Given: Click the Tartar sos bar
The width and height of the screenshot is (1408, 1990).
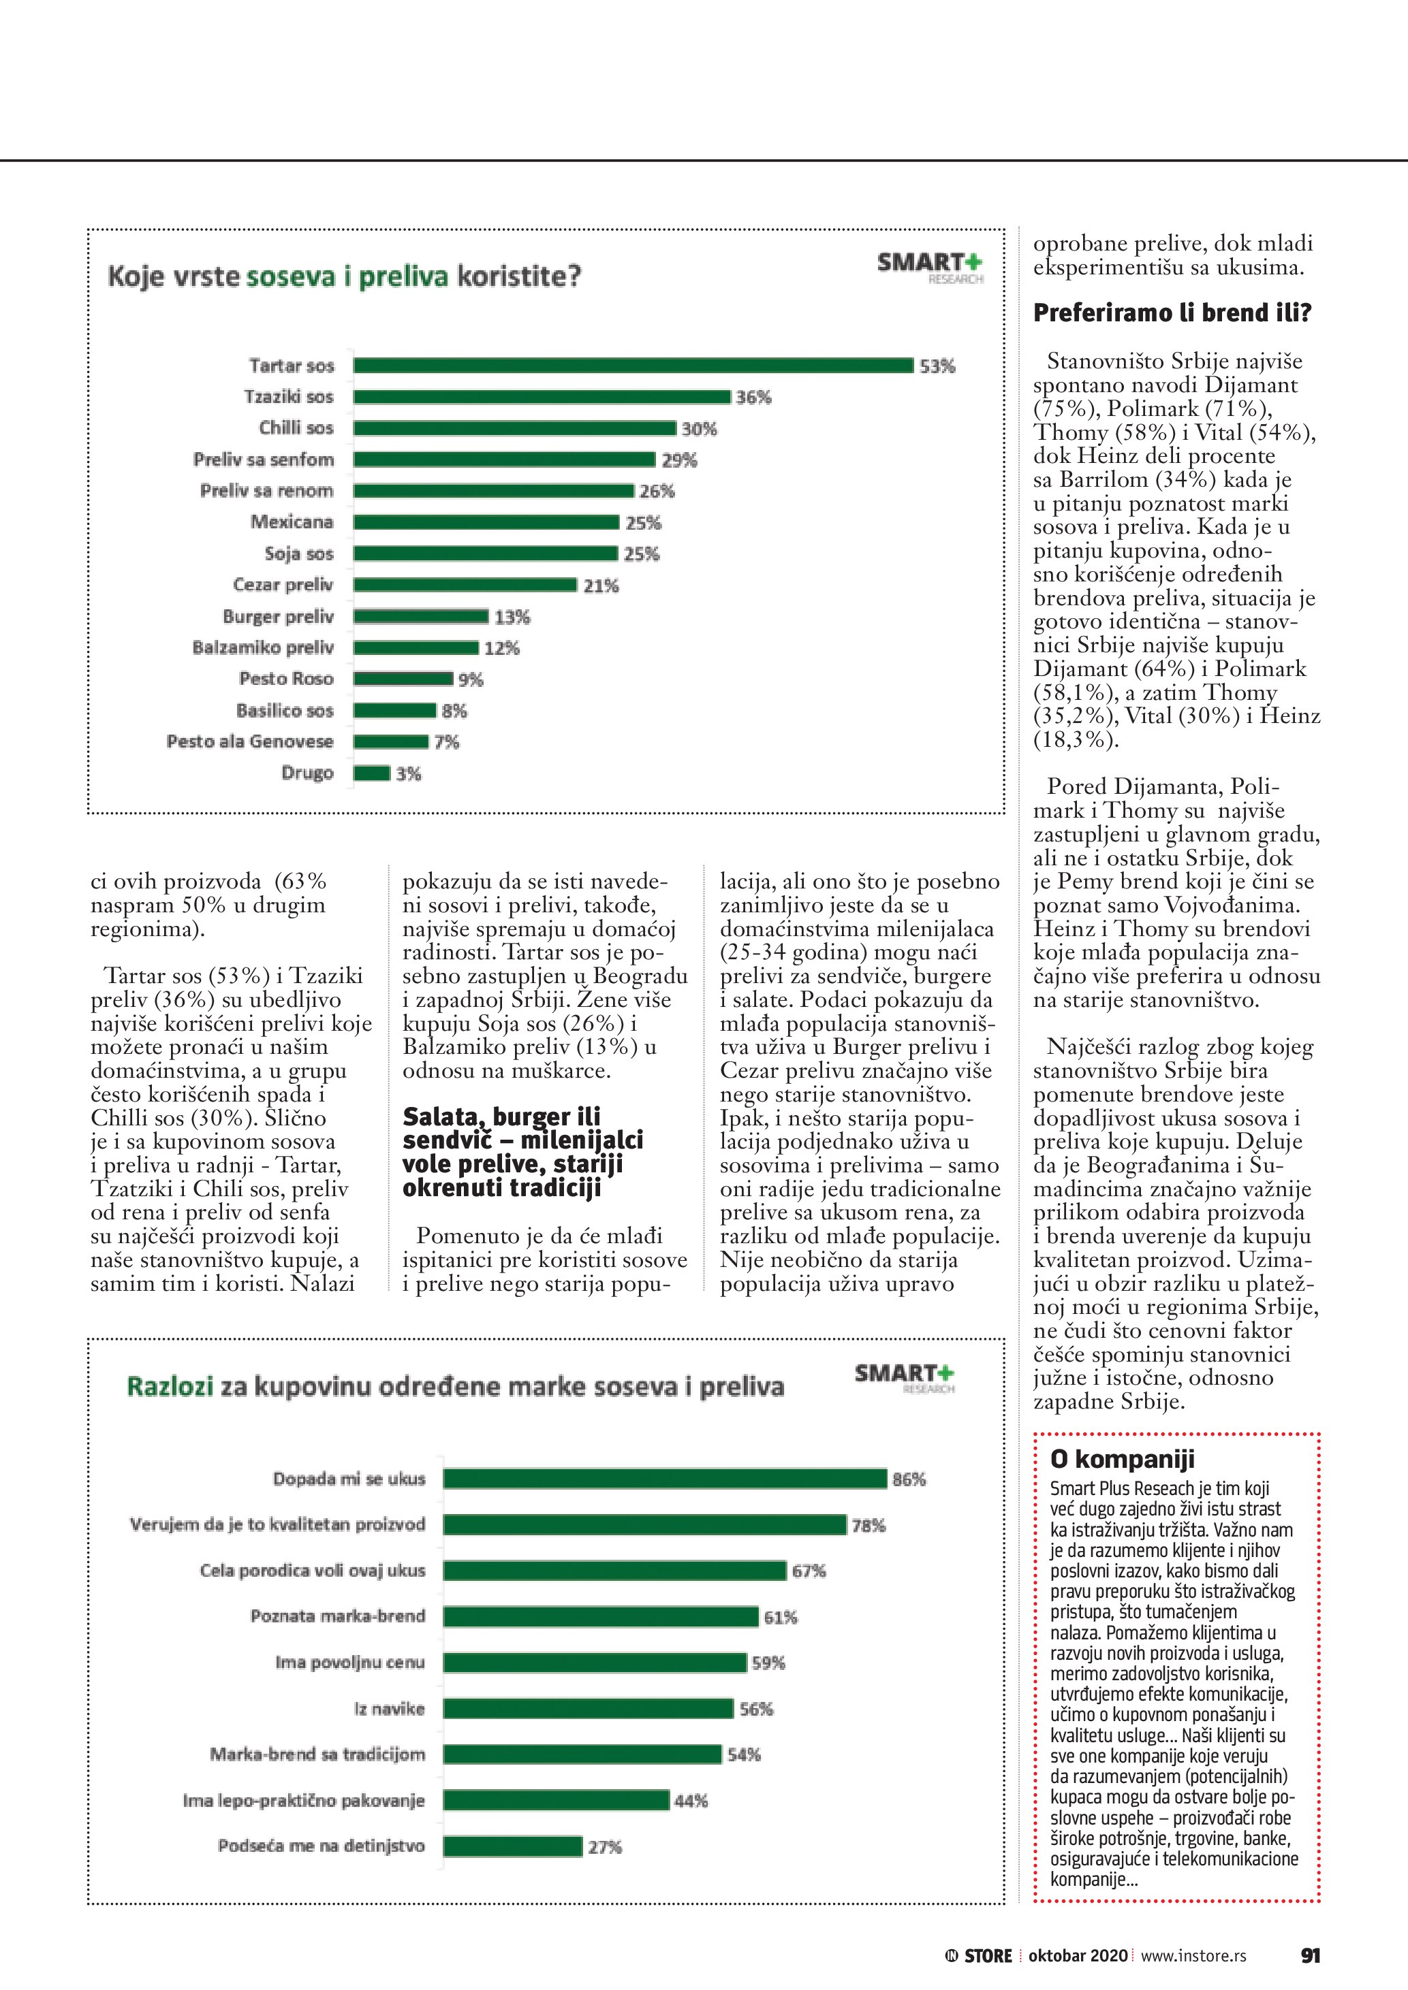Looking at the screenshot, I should (x=633, y=366).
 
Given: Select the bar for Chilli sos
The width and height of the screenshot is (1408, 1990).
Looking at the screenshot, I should (x=514, y=428).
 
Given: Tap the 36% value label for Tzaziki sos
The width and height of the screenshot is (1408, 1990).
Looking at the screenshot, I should (x=753, y=398).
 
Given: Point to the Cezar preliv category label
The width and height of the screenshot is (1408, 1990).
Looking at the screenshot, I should (x=283, y=585).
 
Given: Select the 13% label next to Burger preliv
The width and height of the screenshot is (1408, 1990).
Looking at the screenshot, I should (x=512, y=617).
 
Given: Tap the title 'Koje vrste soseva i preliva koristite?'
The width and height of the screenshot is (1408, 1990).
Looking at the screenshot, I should (x=344, y=277).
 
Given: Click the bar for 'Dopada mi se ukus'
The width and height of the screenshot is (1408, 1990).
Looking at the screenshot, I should (x=665, y=1479).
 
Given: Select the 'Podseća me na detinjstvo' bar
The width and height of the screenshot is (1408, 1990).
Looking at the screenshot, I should (x=512, y=1847).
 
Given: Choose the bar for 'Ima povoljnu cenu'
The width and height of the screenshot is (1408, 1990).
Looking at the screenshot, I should (x=595, y=1663).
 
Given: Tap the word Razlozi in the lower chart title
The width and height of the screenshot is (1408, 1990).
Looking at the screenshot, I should (x=170, y=1387).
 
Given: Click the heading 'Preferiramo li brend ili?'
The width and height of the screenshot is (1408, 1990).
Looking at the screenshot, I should (x=1172, y=313).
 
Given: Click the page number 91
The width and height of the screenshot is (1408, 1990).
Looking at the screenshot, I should (x=1310, y=1955).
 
